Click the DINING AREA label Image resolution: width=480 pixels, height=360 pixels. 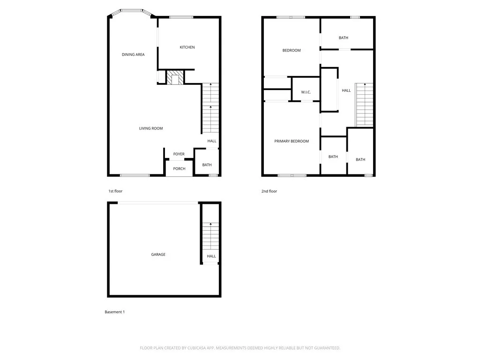point(133,55)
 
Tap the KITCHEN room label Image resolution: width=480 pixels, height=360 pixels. point(187,47)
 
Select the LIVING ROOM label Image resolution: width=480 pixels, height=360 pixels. point(151,128)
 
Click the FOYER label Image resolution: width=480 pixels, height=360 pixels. point(179,154)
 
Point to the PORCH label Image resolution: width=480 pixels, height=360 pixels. point(179,169)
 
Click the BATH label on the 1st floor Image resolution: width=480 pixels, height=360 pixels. point(207,165)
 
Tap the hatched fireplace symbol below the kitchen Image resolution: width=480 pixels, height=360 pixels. point(176,78)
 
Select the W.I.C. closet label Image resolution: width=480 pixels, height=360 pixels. point(306,92)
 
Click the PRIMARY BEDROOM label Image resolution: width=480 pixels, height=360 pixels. point(292,141)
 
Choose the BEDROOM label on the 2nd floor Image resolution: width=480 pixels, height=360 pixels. point(291,51)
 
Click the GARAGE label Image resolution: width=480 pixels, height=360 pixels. point(158,255)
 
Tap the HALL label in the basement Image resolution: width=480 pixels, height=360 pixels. point(211,256)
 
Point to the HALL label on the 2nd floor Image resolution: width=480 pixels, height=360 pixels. point(346,90)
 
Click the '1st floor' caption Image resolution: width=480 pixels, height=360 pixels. point(115,191)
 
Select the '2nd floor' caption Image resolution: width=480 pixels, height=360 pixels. point(269,191)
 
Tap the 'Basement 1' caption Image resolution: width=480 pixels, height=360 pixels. point(114,312)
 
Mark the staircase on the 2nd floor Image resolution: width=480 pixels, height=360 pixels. point(364,105)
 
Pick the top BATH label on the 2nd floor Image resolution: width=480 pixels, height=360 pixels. point(344,38)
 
